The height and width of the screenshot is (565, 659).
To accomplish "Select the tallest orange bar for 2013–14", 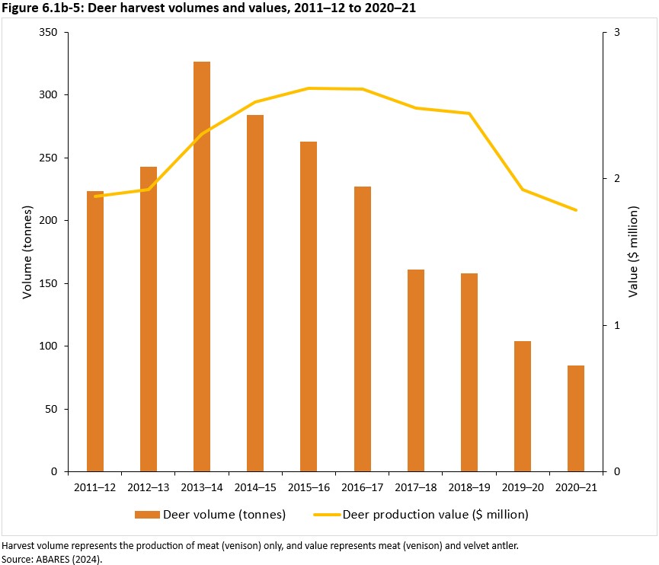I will click(202, 267).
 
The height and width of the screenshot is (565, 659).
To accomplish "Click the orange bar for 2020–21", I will click(576, 418).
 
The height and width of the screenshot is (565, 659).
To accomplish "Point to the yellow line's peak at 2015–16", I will click(309, 88).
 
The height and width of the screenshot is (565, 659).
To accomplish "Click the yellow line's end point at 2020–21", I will click(576, 210).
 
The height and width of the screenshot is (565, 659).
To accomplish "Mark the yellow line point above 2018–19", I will click(469, 113).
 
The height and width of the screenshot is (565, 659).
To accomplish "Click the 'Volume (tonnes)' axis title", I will click(27, 252).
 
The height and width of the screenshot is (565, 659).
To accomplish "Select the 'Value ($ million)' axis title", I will click(634, 252).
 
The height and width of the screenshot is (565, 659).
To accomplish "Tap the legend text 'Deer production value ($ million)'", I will click(435, 515).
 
